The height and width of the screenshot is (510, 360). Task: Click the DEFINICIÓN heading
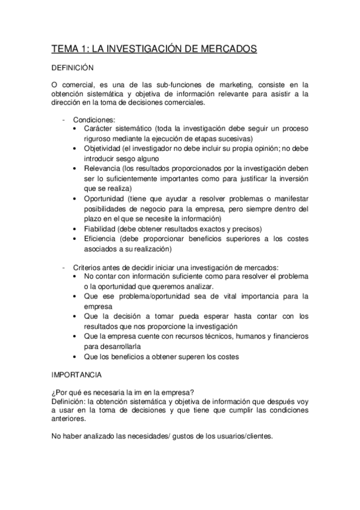pyautogui.click(x=71, y=69)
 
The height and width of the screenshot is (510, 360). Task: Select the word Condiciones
pyautogui.click(x=92, y=120)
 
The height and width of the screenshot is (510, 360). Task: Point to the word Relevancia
pyautogui.click(x=101, y=170)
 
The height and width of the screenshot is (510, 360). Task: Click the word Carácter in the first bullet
pyautogui.click(x=99, y=130)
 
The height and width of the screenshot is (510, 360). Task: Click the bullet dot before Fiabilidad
pyautogui.click(x=75, y=229)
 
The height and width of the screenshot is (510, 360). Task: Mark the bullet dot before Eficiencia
pyautogui.click(x=75, y=239)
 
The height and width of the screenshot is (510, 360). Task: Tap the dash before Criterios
pyautogui.click(x=64, y=266)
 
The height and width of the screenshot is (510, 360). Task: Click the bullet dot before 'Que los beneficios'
pyautogui.click(x=75, y=357)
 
